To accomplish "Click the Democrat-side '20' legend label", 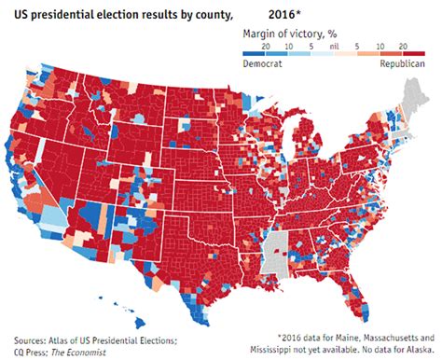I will (x=266, y=45).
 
